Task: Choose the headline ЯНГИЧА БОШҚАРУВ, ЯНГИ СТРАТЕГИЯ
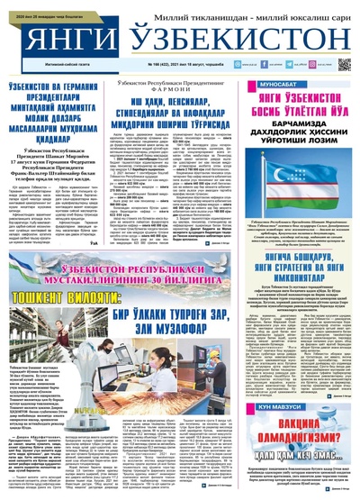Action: click(302, 245)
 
